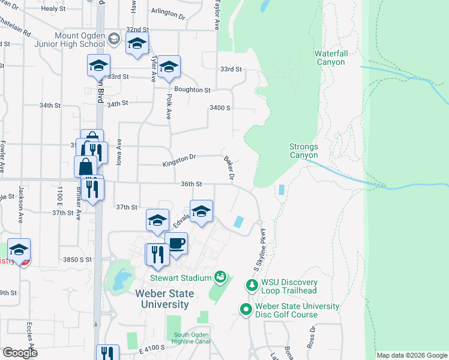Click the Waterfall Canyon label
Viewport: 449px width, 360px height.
pyautogui.click(x=330, y=58)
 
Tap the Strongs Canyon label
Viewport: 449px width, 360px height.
pyautogui.click(x=304, y=151)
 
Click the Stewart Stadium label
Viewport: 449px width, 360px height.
pyautogui.click(x=180, y=278)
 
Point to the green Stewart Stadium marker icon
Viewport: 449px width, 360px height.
pyautogui.click(x=221, y=277)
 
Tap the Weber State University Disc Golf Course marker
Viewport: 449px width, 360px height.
pyautogui.click(x=246, y=310)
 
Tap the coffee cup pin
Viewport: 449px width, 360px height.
pyautogui.click(x=176, y=244)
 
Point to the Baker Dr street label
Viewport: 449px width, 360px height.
pyautogui.click(x=229, y=168)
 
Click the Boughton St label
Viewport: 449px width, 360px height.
pyautogui.click(x=193, y=90)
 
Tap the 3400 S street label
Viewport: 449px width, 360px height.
pyautogui.click(x=220, y=108)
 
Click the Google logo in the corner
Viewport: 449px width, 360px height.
pyautogui.click(x=20, y=352)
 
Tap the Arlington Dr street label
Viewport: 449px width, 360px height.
pyautogui.click(x=168, y=13)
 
